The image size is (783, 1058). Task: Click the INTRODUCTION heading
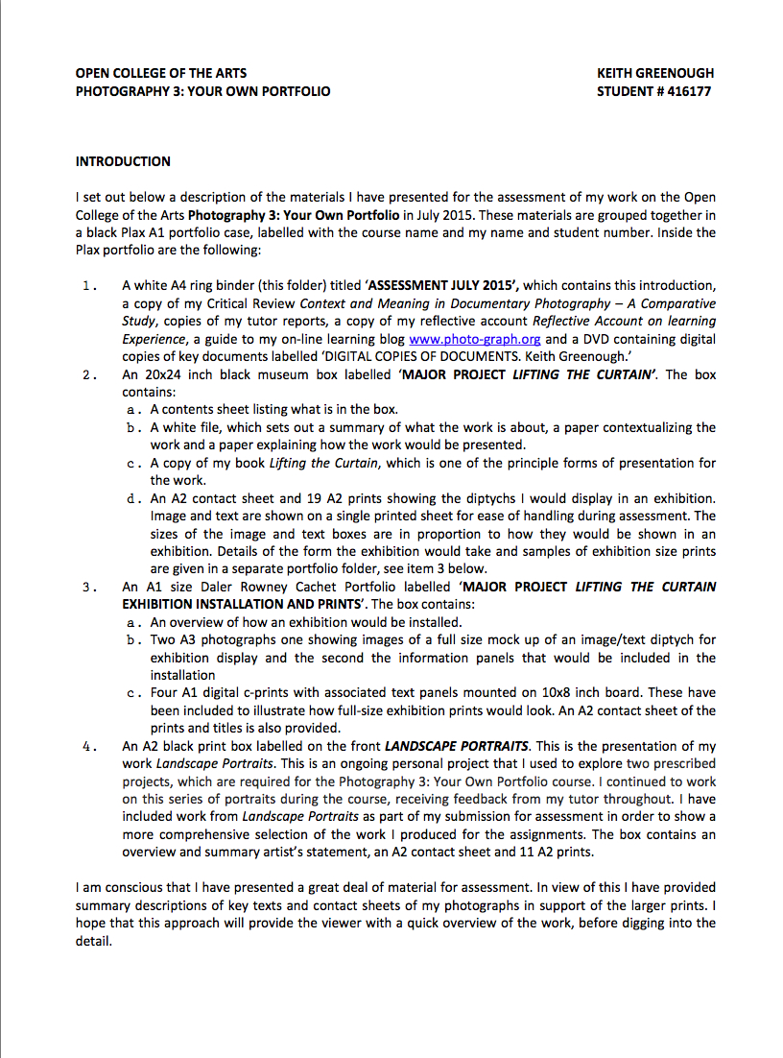coord(123,161)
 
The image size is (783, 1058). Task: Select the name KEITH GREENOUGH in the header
coord(655,73)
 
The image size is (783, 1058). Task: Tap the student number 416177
coord(685,91)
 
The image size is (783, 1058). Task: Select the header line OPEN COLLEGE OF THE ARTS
coord(160,73)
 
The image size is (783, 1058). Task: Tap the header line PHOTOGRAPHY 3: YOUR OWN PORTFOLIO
coord(202,91)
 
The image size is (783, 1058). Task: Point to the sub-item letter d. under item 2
coord(133,499)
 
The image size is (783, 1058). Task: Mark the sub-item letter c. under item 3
coord(133,692)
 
